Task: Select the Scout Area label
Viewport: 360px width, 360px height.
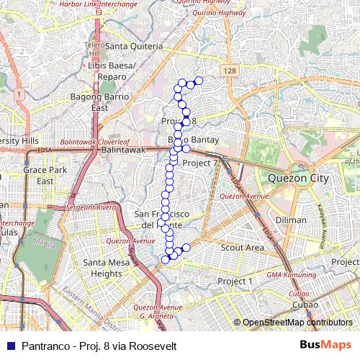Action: point(242,247)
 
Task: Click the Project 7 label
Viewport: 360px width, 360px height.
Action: point(200,163)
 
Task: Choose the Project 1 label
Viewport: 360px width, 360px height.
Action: point(235,281)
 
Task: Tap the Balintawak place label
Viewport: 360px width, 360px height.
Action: point(124,150)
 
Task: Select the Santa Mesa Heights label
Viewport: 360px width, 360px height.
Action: point(102,268)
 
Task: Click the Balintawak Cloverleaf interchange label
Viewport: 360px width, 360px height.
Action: point(94,142)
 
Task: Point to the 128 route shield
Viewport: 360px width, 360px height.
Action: point(229,71)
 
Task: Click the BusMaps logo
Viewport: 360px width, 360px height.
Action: point(325,346)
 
